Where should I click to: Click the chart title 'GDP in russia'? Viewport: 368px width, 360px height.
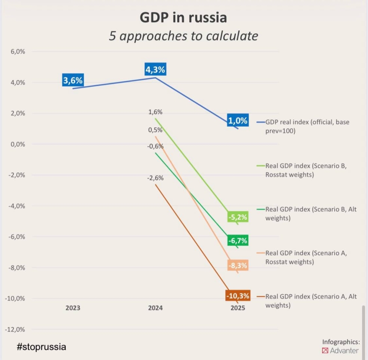point(183,17)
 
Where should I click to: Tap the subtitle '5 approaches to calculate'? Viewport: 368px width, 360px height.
point(183,36)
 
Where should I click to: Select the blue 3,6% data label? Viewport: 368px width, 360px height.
point(73,81)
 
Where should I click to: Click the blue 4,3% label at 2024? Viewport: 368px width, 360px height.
point(155,70)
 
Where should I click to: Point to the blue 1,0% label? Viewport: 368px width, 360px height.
point(238,121)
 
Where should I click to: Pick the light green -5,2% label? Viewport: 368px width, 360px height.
point(238,217)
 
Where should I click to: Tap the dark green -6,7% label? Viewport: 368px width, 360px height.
point(238,241)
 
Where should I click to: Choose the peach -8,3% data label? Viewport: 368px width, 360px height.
point(238,265)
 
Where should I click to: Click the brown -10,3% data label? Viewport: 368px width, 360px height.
point(238,296)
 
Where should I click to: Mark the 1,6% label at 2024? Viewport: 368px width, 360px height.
point(155,112)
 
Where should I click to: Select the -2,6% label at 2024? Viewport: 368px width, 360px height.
point(155,178)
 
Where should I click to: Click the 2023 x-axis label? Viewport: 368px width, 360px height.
point(73,308)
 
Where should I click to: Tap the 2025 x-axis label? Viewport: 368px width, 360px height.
point(238,308)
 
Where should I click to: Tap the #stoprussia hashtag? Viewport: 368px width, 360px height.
point(41,347)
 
